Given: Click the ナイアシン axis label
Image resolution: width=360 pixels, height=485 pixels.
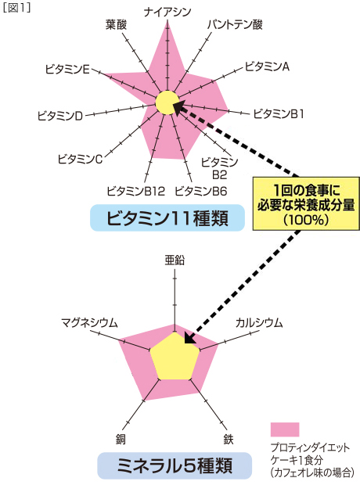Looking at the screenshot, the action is point(167,12).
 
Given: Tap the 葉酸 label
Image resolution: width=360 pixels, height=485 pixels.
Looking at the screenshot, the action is point(117,24).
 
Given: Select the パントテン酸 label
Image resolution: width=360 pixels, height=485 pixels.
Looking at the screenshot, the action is point(235,24).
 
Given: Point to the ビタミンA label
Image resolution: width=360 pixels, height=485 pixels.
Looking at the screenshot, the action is point(267,66).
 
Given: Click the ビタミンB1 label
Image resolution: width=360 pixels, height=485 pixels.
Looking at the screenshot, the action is point(279,114).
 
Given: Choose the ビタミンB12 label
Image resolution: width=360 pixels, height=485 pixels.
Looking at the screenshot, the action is point(136,191).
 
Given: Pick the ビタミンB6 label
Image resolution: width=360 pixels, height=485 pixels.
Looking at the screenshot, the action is point(201,191).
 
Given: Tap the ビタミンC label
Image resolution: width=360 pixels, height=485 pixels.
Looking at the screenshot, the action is point(80,160).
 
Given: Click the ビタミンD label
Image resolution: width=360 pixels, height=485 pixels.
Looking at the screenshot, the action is point(60,116).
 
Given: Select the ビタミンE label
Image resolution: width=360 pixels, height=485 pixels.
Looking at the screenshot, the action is point(67,69).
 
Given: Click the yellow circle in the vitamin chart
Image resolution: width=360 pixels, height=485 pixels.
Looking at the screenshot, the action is point(167,102).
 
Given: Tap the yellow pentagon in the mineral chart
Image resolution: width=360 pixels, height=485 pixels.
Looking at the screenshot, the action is point(175,357).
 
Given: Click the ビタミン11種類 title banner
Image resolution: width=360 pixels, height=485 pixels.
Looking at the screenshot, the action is point(167,217).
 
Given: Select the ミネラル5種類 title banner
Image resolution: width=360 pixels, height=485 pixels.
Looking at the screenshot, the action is point(175,465).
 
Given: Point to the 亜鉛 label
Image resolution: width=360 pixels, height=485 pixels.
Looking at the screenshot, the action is point(175,260).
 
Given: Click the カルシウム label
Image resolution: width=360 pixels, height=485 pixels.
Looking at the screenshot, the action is point(259,323).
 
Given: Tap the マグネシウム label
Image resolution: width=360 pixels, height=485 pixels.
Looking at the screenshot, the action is point(89,323).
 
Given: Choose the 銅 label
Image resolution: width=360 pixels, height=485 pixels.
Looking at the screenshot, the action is point(121,440).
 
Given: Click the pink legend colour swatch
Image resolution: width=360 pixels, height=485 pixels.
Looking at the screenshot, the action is point(285,429).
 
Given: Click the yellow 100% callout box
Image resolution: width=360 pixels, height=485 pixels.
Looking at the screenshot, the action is point(306,203).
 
